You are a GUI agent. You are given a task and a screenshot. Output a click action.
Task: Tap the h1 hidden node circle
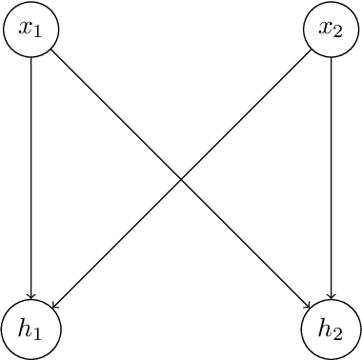pos(31,330)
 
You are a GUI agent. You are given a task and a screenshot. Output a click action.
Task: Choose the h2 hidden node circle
pos(331,330)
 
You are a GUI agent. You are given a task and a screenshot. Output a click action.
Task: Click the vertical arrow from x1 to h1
pos(31,181)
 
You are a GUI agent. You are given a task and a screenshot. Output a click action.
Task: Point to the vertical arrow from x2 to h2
pos(331,181)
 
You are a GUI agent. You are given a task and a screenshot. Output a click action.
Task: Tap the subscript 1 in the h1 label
pos(39,333)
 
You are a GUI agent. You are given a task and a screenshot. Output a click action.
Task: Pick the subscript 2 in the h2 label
pos(338,333)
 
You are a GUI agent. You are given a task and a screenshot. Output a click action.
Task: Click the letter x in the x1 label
pos(26,29)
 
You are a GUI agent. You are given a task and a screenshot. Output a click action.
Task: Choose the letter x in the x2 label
pos(325,29)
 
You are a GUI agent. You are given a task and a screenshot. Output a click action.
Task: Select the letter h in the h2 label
pos(325,328)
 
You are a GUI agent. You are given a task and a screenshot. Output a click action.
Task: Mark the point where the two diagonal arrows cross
pos(181,180)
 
